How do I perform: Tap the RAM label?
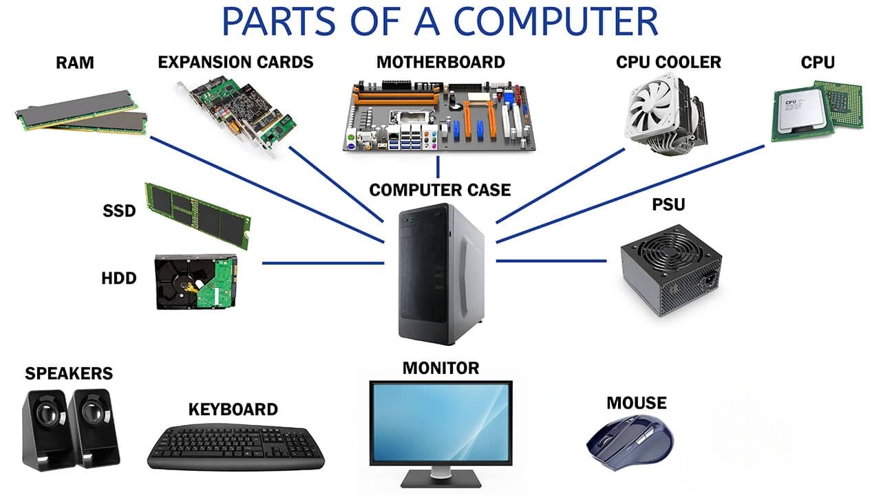tap(75, 63)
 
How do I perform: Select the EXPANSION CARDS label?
tap(235, 62)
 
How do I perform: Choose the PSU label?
tap(668, 205)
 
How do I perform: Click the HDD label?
tap(118, 278)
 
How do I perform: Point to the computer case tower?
tap(440, 275)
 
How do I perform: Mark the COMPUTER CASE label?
tap(440, 190)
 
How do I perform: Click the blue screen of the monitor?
tap(440, 423)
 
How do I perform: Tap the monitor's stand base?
tap(440, 478)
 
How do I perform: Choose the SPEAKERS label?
tap(69, 373)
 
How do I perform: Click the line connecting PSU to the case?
tap(551, 261)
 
